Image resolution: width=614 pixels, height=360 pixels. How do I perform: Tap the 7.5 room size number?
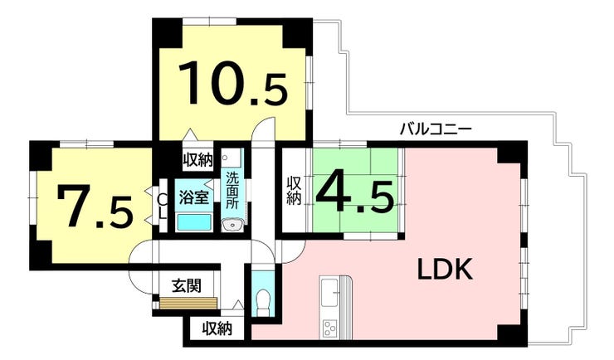click(x=95, y=207)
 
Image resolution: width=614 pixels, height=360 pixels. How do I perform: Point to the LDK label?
click(x=446, y=270)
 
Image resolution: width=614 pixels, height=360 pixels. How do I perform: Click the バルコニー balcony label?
click(x=436, y=129)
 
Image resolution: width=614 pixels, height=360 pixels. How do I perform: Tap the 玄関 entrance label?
click(x=187, y=285)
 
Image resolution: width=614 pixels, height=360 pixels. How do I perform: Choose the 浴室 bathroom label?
click(x=194, y=197)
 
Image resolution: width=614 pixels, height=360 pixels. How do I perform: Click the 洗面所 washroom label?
click(x=232, y=191)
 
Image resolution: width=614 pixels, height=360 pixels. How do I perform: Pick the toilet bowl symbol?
click(x=263, y=300)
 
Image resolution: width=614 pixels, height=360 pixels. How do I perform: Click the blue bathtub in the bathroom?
click(x=194, y=221)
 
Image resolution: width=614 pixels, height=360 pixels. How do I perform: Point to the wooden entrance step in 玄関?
click(x=188, y=303)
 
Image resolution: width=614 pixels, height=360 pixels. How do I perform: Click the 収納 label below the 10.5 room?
click(x=197, y=159)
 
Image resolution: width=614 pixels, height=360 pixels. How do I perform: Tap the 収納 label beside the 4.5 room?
click(x=294, y=191)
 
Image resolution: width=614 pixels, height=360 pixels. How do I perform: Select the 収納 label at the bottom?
click(x=217, y=328)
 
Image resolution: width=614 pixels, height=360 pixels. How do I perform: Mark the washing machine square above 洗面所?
click(x=231, y=158)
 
